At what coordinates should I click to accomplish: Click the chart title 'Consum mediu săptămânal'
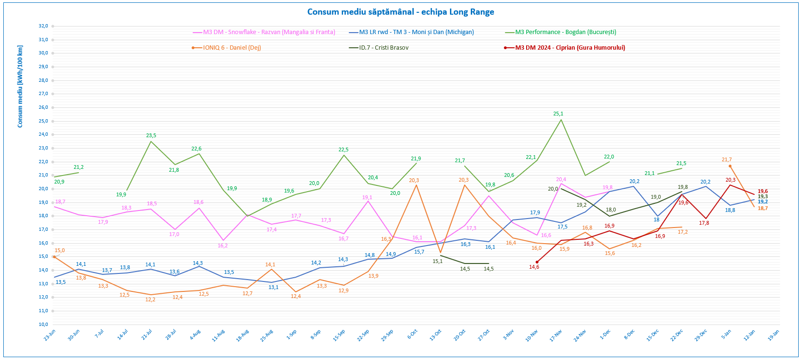coord(400,12)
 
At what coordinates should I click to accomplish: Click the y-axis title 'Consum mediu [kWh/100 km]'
coord(20,87)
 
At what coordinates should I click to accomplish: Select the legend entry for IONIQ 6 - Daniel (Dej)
coord(232,48)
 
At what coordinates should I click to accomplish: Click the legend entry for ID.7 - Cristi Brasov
coord(383,48)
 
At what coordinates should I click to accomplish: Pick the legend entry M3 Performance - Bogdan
coord(565,32)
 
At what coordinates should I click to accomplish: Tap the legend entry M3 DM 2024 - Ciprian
coord(570,48)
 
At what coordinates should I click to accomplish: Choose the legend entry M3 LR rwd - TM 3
coord(416,32)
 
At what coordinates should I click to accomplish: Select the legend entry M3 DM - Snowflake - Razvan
coord(269,32)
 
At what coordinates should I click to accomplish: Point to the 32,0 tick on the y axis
coord(43,26)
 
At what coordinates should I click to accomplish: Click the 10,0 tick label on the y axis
coord(43,325)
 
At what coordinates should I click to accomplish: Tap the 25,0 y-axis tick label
coord(43,121)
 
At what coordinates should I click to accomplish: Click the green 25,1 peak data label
coord(558,114)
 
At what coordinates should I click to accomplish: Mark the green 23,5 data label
coord(151,136)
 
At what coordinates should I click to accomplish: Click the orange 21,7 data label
coord(727,160)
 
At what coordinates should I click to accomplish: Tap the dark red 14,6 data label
coord(534,267)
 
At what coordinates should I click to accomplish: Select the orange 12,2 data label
coord(150,300)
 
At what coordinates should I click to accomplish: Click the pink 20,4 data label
coord(561,180)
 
